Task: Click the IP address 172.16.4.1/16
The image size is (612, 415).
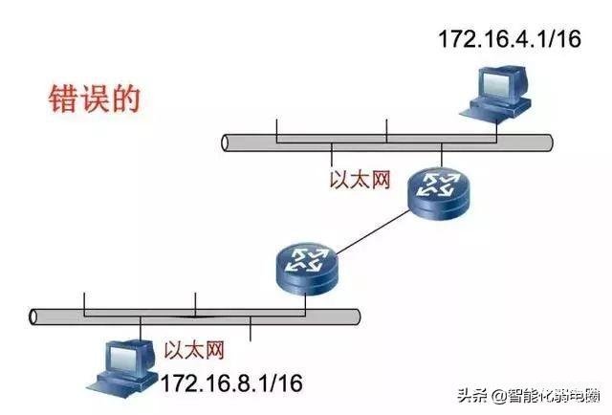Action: point(510,39)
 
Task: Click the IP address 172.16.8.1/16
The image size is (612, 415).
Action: point(231,383)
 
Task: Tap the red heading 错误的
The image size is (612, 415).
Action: point(95,98)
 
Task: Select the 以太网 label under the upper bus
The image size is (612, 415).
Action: point(361,180)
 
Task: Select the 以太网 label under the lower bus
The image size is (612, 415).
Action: point(194,350)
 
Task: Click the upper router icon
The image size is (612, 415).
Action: point(439,194)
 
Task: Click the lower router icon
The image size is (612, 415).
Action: point(306,269)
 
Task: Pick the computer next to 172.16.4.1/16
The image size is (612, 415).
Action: point(495,93)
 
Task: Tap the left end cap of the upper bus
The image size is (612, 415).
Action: point(225,142)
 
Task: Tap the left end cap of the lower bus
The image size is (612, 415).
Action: point(33,317)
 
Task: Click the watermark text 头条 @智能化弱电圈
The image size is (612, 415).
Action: point(529,396)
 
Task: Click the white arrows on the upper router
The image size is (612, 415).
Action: point(438,186)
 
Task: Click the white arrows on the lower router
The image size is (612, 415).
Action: point(306,259)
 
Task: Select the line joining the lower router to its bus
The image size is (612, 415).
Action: point(306,303)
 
